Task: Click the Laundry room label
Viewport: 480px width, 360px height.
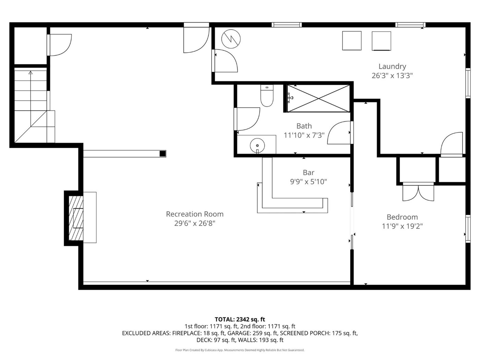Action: click(392, 66)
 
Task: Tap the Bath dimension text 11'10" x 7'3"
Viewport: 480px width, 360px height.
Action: click(304, 135)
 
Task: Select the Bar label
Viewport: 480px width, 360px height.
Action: click(309, 172)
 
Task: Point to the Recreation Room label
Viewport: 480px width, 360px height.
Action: click(195, 214)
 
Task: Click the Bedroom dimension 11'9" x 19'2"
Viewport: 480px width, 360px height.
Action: click(402, 226)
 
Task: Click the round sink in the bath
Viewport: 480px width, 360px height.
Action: click(257, 145)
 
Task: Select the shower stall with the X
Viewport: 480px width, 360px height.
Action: click(319, 98)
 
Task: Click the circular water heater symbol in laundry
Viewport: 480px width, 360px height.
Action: click(231, 39)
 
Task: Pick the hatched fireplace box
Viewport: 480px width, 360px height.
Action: click(76, 218)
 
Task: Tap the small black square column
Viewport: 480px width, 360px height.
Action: click(163, 154)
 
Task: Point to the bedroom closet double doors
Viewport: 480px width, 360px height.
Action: click(418, 192)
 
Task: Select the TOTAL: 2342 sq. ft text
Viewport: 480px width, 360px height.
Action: click(240, 319)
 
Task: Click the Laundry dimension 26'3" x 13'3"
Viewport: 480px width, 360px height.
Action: click(392, 76)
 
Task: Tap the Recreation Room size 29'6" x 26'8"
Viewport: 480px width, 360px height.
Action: click(195, 223)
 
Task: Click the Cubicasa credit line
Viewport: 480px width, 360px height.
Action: click(240, 350)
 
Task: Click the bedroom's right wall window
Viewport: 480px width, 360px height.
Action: click(468, 229)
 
